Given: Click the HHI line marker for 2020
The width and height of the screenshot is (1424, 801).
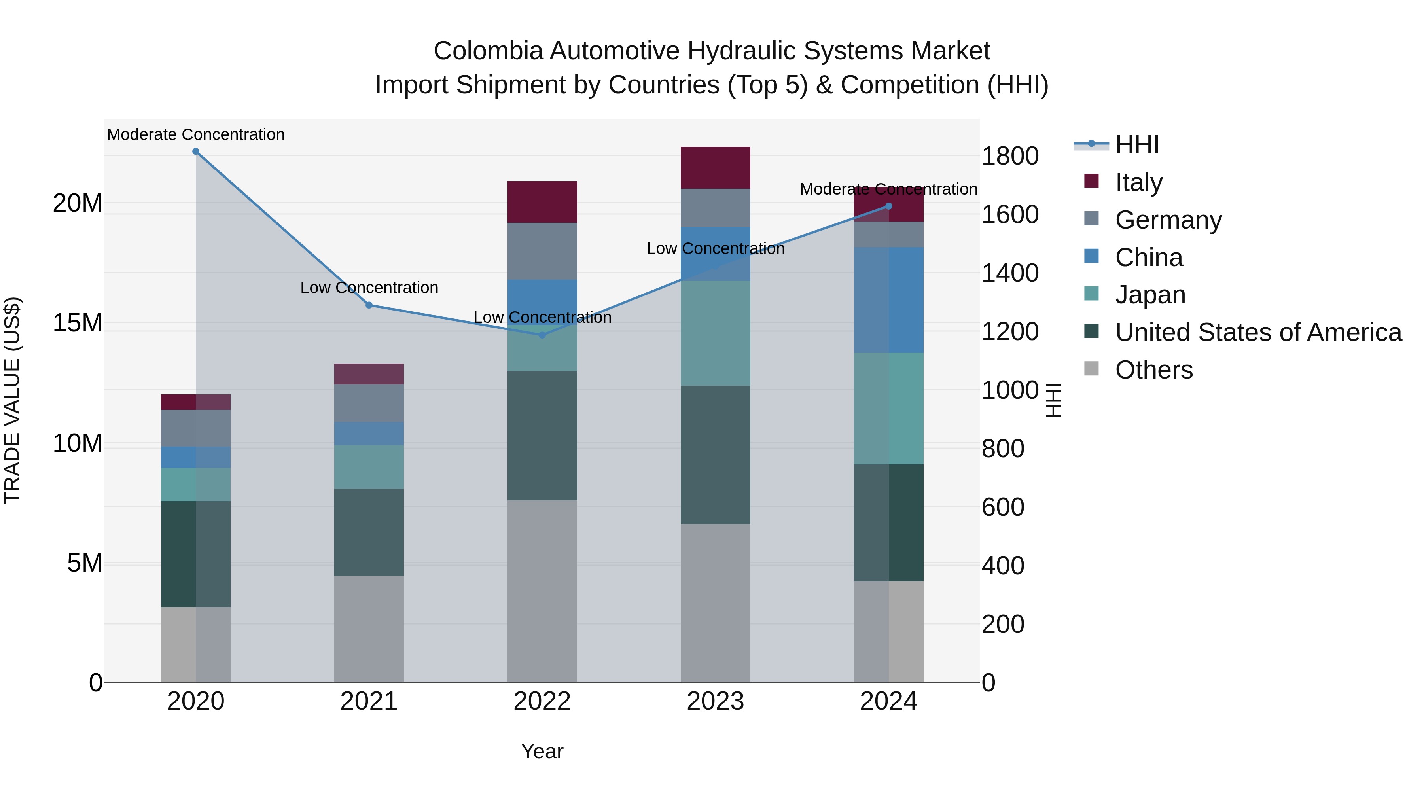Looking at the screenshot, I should pyautogui.click(x=196, y=151).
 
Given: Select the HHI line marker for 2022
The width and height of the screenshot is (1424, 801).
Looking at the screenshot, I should pyautogui.click(x=542, y=335).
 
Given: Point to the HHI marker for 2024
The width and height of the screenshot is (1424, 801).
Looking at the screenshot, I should pyautogui.click(x=889, y=206).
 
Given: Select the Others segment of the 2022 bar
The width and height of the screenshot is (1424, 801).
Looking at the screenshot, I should pyautogui.click(x=542, y=591).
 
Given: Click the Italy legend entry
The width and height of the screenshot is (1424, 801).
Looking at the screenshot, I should pyautogui.click(x=1139, y=182).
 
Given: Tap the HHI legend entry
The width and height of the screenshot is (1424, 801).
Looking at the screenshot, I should pyautogui.click(x=1136, y=145).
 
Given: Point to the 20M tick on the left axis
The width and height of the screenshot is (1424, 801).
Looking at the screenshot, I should pyautogui.click(x=78, y=203).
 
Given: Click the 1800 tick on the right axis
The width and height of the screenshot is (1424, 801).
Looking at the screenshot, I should pyautogui.click(x=1010, y=156).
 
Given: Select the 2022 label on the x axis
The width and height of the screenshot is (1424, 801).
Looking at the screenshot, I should pyautogui.click(x=542, y=701).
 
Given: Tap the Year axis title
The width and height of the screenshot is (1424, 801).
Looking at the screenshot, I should pyautogui.click(x=542, y=751).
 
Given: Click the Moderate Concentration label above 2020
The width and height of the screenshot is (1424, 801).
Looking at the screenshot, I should pyautogui.click(x=196, y=134).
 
